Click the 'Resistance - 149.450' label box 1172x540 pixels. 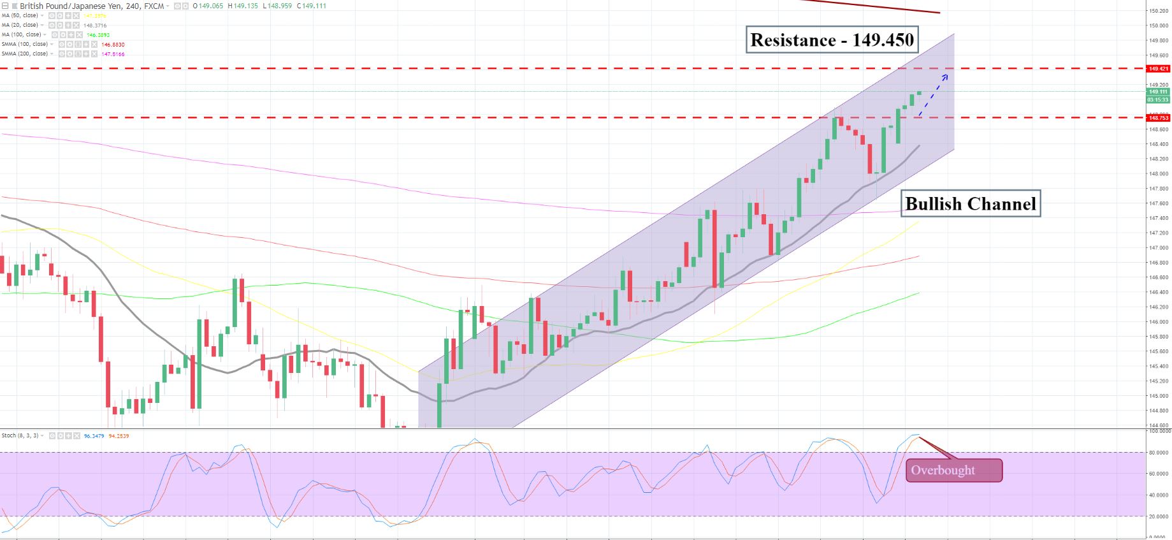click(x=832, y=40)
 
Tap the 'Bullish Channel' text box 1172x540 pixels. click(x=970, y=204)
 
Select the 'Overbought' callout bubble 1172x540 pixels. click(x=953, y=471)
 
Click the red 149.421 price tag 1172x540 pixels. click(x=1158, y=69)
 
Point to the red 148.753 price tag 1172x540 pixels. click(x=1158, y=118)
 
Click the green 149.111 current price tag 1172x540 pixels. click(x=1158, y=92)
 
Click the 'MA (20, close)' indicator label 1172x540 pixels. click(x=22, y=25)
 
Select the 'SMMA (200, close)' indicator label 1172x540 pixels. click(x=25, y=54)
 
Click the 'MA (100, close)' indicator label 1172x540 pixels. click(x=22, y=34)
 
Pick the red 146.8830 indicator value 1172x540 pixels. click(x=113, y=45)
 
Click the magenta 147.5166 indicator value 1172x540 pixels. click(x=113, y=54)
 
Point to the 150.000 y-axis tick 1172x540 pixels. click(x=1158, y=26)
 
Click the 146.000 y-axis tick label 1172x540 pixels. click(x=1158, y=322)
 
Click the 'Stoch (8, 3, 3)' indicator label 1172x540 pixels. click(x=20, y=436)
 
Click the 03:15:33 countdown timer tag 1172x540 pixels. click(x=1158, y=99)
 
